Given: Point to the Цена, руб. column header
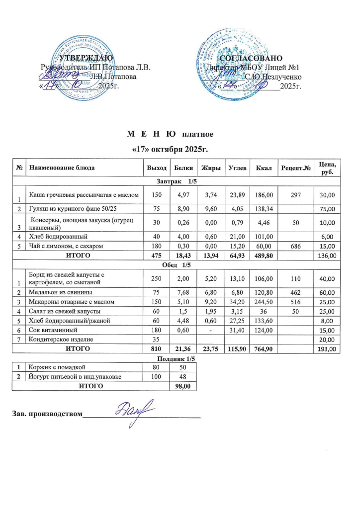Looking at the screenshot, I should pos(328,169).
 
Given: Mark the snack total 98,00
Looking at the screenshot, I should pos(183,385).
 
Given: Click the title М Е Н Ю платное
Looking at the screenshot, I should pos(170,135).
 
